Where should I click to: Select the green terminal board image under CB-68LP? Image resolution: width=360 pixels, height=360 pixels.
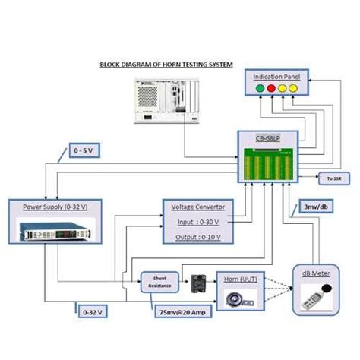pos(269,163)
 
